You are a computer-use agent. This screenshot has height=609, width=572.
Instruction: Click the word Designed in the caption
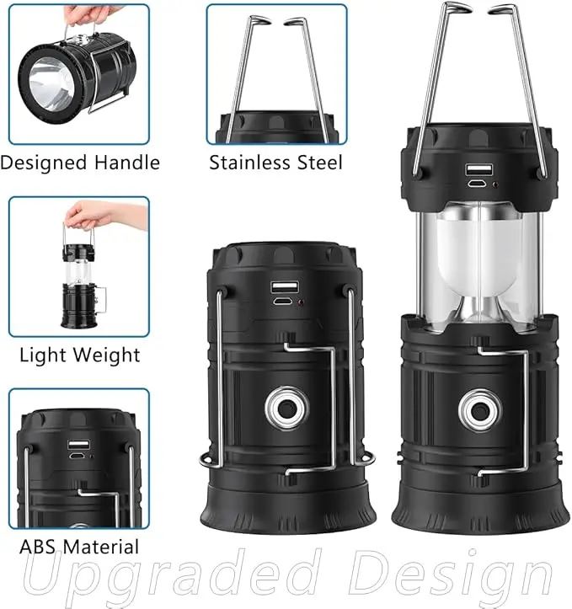pyautogui.click(x=44, y=163)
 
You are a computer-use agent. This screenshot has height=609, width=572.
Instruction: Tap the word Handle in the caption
pyautogui.click(x=127, y=162)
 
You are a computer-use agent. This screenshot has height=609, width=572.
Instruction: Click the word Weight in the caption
pyautogui.click(x=106, y=355)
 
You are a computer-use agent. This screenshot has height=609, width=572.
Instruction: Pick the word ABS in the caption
pyautogui.click(x=37, y=547)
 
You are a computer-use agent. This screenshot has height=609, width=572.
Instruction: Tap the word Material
pyautogui.click(x=100, y=547)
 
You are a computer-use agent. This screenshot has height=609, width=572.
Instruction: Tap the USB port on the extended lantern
pyautogui.click(x=479, y=170)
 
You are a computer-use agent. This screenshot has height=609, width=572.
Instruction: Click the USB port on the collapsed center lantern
pyautogui.click(x=285, y=287)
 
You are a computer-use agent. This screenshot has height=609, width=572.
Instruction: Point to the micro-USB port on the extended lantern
pyautogui.click(x=478, y=184)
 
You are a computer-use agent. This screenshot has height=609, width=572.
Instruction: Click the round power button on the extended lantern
pyautogui.click(x=480, y=409)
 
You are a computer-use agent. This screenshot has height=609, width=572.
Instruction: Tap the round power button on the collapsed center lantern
pyautogui.click(x=287, y=408)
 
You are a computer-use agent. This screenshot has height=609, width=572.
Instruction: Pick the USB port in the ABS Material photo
pyautogui.click(x=78, y=444)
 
